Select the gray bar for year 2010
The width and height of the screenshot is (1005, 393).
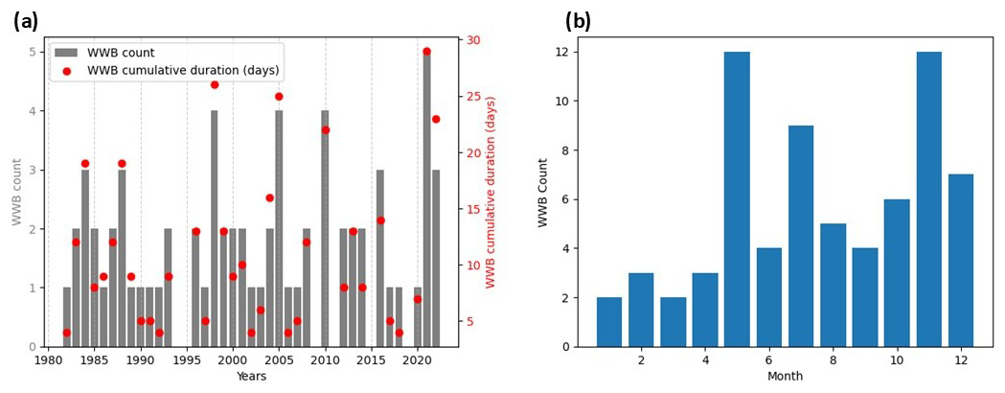tap(326, 229)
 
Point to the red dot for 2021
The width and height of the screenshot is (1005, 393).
tap(426, 52)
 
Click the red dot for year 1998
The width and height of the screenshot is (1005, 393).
tap(215, 84)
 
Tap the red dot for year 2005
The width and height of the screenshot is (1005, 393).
tap(279, 96)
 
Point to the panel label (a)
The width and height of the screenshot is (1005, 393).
tap(26, 21)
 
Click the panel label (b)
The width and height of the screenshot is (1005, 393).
tap(578, 21)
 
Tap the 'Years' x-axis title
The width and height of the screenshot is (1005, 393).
tap(250, 377)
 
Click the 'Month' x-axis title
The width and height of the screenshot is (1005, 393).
tap(785, 377)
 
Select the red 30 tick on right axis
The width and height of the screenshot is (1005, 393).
tap(474, 40)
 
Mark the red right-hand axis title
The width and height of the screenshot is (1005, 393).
tap(491, 192)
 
